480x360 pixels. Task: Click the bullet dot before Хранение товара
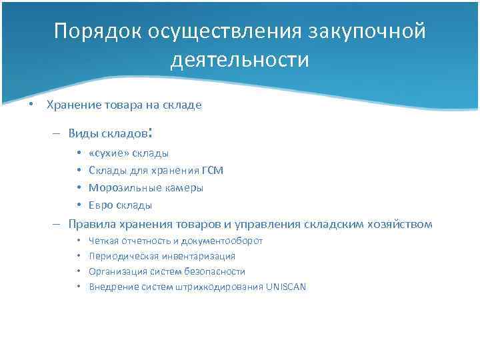30,105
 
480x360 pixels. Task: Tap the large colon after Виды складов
152,132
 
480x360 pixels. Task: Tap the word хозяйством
403,224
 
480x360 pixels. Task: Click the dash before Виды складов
58,133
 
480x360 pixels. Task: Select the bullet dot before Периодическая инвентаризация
79,256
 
